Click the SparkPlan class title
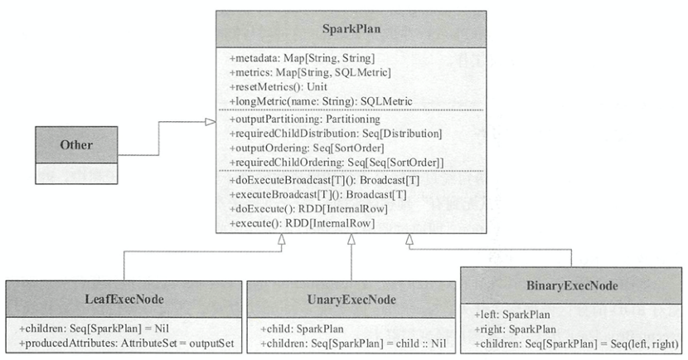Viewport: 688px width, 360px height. [x=351, y=29]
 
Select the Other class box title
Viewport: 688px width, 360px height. [x=76, y=145]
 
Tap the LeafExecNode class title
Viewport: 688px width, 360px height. [x=124, y=299]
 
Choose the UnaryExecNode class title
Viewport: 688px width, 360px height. [x=351, y=299]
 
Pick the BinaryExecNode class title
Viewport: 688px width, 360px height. [x=572, y=286]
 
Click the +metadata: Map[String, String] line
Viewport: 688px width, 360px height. [x=302, y=58]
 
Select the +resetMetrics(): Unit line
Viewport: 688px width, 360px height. [x=279, y=87]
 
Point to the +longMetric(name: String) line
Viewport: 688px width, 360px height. [x=321, y=101]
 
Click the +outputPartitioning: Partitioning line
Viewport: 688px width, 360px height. [x=304, y=119]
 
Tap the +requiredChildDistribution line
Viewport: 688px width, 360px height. [x=336, y=134]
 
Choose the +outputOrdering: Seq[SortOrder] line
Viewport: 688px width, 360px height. [x=306, y=148]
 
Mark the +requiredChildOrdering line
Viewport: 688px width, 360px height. [x=337, y=163]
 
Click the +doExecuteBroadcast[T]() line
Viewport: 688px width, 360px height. [x=324, y=180]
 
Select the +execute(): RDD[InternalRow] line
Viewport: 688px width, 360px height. [x=302, y=223]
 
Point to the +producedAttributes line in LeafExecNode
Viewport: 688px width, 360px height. [x=126, y=343]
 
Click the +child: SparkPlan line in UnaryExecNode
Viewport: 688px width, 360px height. [x=302, y=328]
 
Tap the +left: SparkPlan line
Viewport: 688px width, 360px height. [x=512, y=314]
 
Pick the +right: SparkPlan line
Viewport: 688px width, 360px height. [x=515, y=328]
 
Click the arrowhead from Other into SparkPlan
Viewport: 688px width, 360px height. [x=211, y=122]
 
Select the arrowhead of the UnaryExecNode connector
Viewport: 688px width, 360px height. [x=351, y=239]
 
